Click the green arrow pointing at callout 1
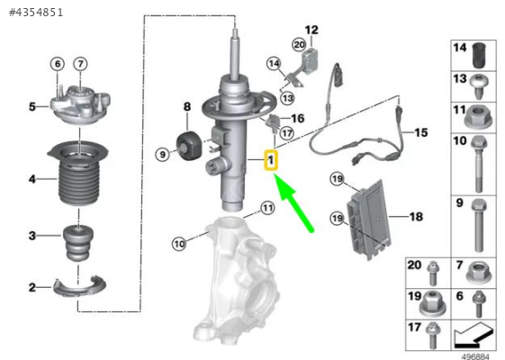pyautogui.click(x=293, y=202)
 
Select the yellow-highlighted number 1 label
pyautogui.click(x=271, y=159)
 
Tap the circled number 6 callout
pyautogui.click(x=58, y=64)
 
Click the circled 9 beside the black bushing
pyautogui.click(x=162, y=155)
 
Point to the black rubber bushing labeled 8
pyautogui.click(x=189, y=146)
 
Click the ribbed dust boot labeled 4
pyautogui.click(x=78, y=174)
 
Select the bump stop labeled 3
pyautogui.click(x=78, y=243)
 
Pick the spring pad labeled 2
pyautogui.click(x=79, y=285)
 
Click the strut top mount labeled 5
pyautogui.click(x=80, y=105)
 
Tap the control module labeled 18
pyautogui.click(x=370, y=219)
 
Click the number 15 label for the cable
pyautogui.click(x=421, y=132)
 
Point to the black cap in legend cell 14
pyautogui.click(x=479, y=55)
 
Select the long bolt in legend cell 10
pyautogui.click(x=479, y=164)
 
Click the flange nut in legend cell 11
pyautogui.click(x=478, y=117)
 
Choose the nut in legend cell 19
pyautogui.click(x=432, y=303)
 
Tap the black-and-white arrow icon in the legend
pyautogui.click(x=473, y=335)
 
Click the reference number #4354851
pyautogui.click(x=36, y=13)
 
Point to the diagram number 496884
pyautogui.click(x=475, y=356)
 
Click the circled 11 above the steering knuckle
pyautogui.click(x=267, y=208)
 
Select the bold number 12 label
pyautogui.click(x=311, y=31)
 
